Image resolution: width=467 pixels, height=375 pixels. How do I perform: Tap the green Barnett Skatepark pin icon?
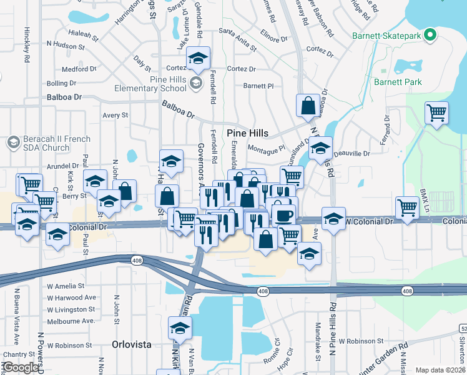[x=430, y=35]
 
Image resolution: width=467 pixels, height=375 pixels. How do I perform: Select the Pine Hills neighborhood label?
[x=248, y=133]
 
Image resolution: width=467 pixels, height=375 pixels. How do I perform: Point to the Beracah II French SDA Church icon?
[x=12, y=142]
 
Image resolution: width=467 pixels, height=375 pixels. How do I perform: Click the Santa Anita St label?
[x=238, y=39]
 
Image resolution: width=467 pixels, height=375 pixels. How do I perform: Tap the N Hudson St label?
[x=67, y=46]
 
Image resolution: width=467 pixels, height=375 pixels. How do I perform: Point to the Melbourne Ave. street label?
[x=72, y=321]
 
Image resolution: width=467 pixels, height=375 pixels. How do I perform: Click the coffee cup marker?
[x=283, y=214]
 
